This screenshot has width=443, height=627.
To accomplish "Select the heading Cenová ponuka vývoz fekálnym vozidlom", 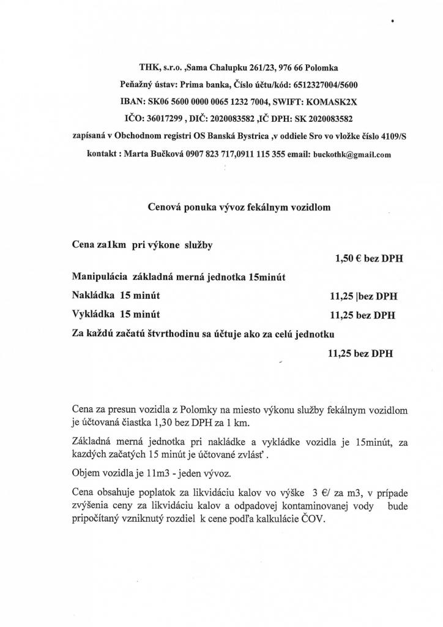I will pos(239,208).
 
